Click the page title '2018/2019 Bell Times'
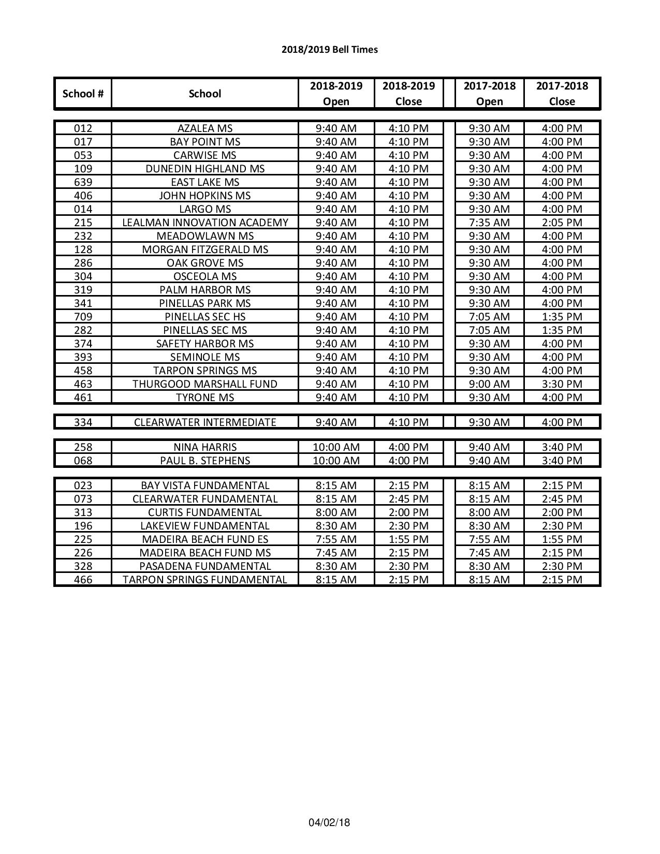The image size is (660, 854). [x=330, y=50]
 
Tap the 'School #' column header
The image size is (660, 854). [x=83, y=94]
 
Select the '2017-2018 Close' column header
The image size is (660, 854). [x=562, y=94]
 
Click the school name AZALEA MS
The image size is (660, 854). [x=205, y=128]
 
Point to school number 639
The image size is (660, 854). [x=83, y=182]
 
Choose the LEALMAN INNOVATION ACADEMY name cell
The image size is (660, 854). [x=205, y=223]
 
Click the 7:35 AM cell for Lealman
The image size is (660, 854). [x=489, y=223]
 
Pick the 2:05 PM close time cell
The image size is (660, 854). [x=562, y=223]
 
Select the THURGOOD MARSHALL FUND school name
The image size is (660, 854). [x=205, y=384]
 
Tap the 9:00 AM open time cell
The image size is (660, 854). [x=489, y=384]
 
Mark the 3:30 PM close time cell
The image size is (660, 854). [x=562, y=384]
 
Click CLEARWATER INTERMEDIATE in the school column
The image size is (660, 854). [x=205, y=422]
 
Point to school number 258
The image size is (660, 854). [x=83, y=447]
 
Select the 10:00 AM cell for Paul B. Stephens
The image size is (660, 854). [x=336, y=461]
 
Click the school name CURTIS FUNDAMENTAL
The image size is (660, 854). [x=205, y=512]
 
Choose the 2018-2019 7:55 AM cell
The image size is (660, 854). [x=336, y=539]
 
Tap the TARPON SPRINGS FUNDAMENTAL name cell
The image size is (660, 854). [x=205, y=580]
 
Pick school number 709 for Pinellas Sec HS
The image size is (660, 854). [x=83, y=317]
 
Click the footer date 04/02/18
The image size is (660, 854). [x=329, y=822]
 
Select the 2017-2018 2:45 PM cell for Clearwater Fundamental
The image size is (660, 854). [x=562, y=499]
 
